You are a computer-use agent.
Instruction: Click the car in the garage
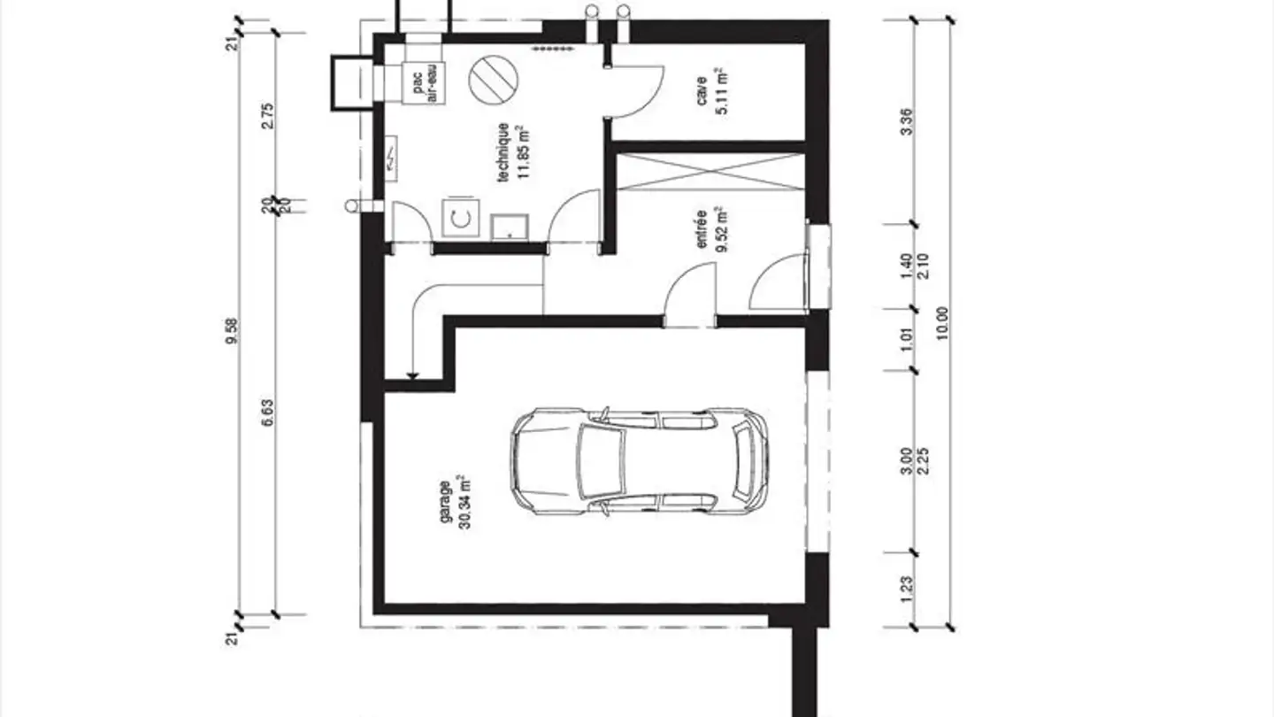pos(640,461)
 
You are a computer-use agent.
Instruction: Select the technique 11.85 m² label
pos(513,152)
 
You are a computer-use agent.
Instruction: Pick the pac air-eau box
pos(424,83)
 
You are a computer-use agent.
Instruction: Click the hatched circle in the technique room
pos(494,80)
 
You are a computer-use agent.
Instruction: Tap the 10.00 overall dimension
pos(942,323)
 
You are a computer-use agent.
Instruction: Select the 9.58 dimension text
pos(232,331)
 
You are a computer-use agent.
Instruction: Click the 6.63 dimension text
pos(267,412)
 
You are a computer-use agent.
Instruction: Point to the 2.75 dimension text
pos(267,115)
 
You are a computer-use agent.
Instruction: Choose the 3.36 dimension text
pos(907,121)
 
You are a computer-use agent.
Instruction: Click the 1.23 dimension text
pos(907,590)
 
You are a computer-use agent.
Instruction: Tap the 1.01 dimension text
pos(907,339)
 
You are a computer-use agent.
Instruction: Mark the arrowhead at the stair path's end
pos(413,375)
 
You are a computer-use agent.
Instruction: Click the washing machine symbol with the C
pos(461,217)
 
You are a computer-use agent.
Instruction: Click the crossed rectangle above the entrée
pos(711,172)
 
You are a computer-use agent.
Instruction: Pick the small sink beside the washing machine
pos(510,227)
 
